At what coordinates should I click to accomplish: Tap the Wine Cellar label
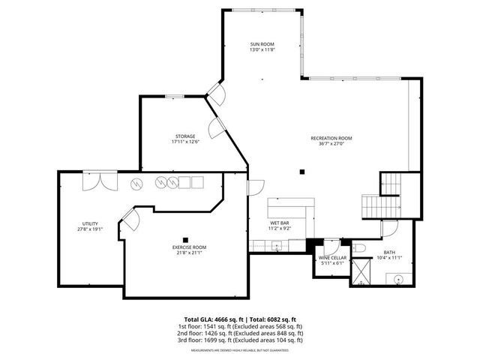coord(332,260)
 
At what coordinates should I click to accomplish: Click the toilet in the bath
coord(359,247)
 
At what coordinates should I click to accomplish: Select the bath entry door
coord(388,229)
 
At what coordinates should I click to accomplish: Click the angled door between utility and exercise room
coord(128,219)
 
